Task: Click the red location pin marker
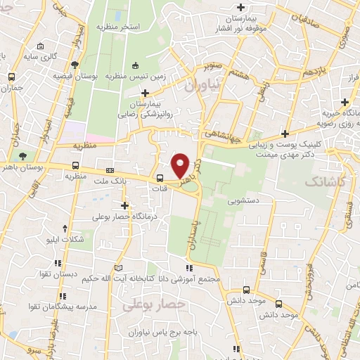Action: pyautogui.click(x=181, y=165)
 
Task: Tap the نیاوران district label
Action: pyautogui.click(x=203, y=85)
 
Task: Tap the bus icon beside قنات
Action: pyautogui.click(x=160, y=178)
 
